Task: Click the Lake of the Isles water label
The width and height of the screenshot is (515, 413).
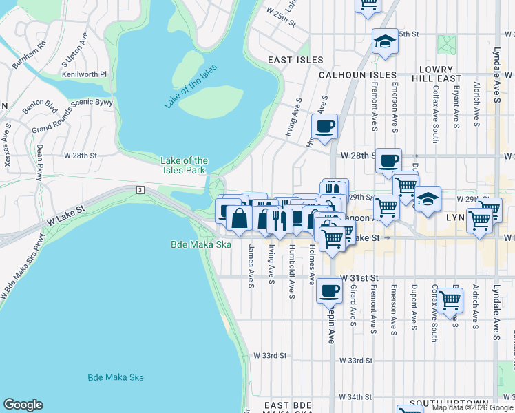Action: coord(191,85)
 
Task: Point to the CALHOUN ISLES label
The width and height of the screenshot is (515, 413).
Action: coord(357,75)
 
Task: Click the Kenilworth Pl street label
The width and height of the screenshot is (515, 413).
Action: coord(85,73)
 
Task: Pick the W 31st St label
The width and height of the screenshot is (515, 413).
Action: coord(359,277)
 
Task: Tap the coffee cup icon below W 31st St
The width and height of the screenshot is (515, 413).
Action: coord(328,290)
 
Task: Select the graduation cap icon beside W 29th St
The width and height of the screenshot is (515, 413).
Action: coord(428,199)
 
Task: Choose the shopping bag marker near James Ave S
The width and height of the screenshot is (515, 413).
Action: coord(239,219)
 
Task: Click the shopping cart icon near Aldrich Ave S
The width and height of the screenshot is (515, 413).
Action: coord(450,299)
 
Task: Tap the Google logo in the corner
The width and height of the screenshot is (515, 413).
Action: coord(23,405)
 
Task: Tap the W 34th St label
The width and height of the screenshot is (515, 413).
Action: coord(355,397)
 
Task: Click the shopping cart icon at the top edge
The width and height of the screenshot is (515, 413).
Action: coord(368,4)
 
